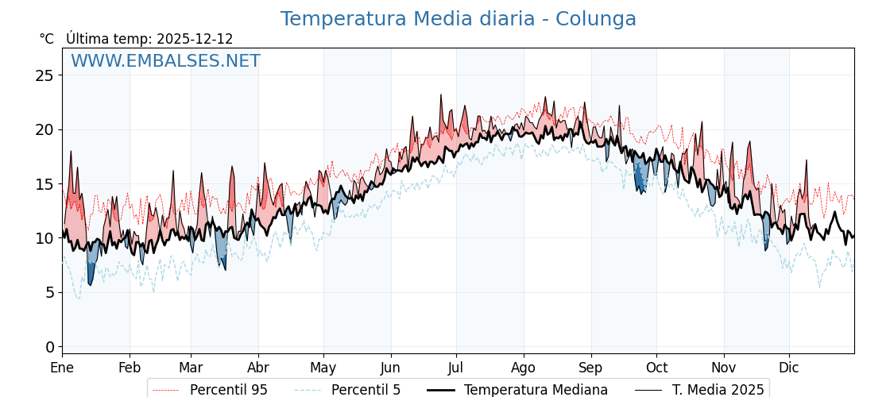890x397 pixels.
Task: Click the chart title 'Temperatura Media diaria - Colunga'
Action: [458, 19]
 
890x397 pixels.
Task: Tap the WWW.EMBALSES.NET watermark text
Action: [165, 61]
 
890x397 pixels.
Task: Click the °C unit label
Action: [46, 39]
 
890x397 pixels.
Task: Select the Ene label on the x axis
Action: [62, 368]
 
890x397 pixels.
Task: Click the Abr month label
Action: [258, 368]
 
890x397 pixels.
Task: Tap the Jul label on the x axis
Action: [456, 368]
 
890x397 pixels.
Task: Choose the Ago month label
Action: [524, 368]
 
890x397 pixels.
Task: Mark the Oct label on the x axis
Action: [656, 368]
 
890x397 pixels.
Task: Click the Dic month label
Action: [789, 368]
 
